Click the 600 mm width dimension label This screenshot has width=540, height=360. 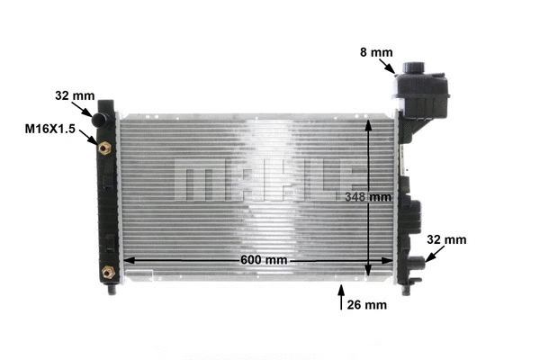click(263, 260)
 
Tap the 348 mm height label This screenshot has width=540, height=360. click(368, 196)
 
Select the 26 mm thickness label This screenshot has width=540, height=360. click(366, 304)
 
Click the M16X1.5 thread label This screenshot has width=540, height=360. click(49, 130)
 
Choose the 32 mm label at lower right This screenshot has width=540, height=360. click(447, 240)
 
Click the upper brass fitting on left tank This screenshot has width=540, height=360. click(106, 146)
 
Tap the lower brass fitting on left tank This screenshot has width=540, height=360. click(108, 271)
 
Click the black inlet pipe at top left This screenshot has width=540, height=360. click(102, 117)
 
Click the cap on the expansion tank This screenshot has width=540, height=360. click(416, 69)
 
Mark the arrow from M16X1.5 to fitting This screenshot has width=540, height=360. click(92, 137)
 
